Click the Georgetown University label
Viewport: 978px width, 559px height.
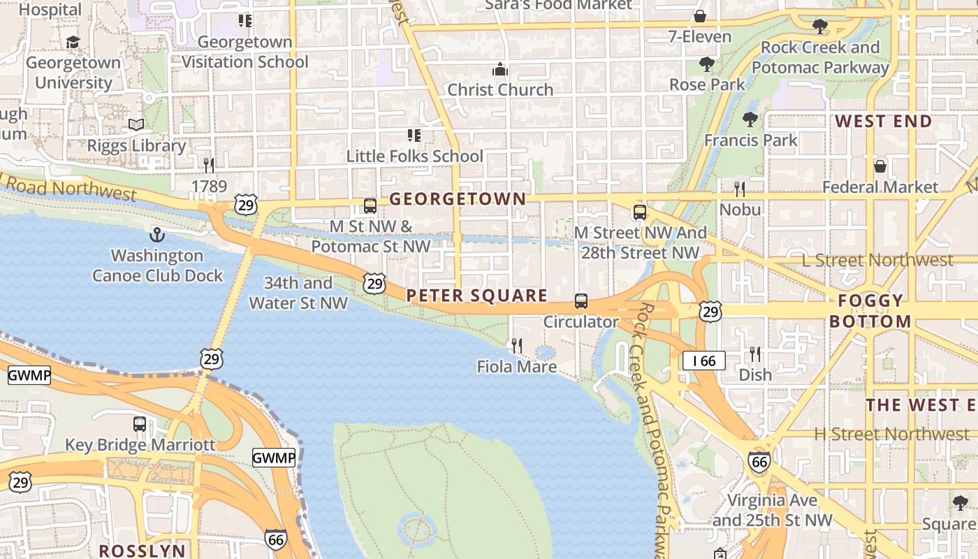[73, 73]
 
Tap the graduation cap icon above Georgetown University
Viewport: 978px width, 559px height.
[73, 43]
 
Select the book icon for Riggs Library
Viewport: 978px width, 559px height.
[136, 125]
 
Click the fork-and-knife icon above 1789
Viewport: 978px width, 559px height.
[209, 166]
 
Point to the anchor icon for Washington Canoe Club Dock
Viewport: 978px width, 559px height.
[157, 235]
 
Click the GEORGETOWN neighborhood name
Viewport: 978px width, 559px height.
[458, 199]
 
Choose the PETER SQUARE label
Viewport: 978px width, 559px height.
[477, 296]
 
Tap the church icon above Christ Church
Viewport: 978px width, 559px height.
[500, 69]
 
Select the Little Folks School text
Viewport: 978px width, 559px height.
[415, 156]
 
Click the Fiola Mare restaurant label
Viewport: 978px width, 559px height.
[517, 367]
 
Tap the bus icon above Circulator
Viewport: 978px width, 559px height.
[581, 301]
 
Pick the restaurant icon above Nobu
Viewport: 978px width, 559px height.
[740, 189]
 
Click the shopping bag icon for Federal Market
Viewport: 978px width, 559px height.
[880, 166]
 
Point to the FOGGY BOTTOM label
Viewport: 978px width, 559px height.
[870, 311]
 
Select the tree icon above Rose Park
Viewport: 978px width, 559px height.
[707, 64]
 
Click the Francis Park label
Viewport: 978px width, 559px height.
[750, 140]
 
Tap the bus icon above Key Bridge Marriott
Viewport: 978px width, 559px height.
[140, 424]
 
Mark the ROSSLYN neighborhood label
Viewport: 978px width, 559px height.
[143, 551]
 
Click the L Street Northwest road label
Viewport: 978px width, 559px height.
[877, 260]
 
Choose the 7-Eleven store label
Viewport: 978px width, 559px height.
[700, 37]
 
